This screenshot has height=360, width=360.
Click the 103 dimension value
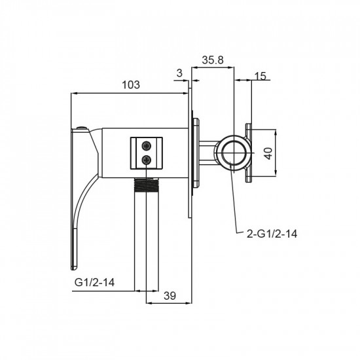coord(131,84)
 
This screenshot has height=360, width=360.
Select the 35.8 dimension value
coord(213,60)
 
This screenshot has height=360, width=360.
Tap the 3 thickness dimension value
coord(179,73)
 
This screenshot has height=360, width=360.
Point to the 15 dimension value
coord(261,76)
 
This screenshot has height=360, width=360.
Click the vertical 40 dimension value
coord(268,153)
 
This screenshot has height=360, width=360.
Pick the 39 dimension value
coord(170,296)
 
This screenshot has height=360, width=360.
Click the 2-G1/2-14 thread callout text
coord(272,234)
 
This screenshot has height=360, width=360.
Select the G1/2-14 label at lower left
coord(94,282)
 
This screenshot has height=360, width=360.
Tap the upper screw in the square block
coord(146,146)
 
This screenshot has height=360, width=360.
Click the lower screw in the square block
coord(146,159)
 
